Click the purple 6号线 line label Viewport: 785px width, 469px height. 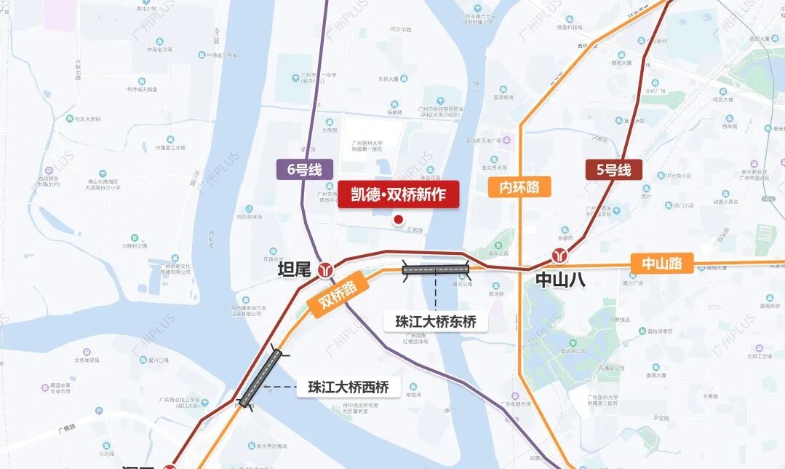(x=304, y=170)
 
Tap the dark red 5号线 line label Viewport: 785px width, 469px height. (x=614, y=170)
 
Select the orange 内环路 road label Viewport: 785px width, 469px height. (x=519, y=186)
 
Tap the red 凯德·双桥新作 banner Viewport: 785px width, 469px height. (x=398, y=194)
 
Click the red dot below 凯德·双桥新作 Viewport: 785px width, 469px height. (x=398, y=219)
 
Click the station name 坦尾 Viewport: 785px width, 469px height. (x=295, y=270)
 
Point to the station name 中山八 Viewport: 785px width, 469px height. (x=560, y=280)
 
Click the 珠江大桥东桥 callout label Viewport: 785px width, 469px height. (x=436, y=321)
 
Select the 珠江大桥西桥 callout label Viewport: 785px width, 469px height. (x=348, y=387)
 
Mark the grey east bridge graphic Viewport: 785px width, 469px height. (x=436, y=269)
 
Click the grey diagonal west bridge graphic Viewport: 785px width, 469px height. (x=260, y=378)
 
